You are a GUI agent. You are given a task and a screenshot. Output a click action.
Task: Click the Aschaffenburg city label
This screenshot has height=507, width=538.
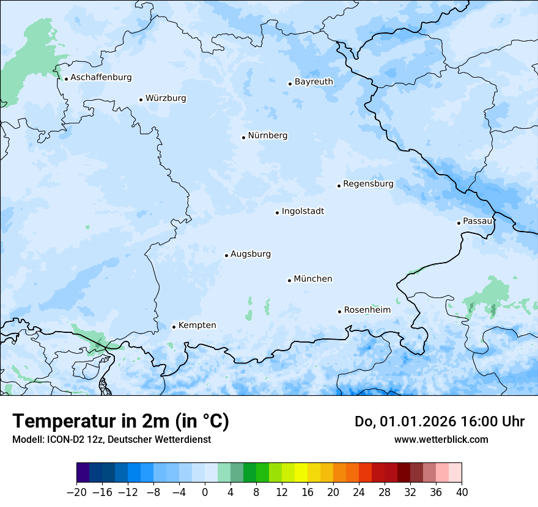pyautogui.click(x=101, y=78)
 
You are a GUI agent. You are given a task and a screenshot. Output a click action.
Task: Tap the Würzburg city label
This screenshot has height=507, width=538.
pyautogui.click(x=166, y=98)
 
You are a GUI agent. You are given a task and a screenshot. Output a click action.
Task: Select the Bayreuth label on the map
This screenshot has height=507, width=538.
pyautogui.click(x=314, y=82)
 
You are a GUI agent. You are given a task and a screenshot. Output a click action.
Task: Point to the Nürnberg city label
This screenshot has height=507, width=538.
pyautogui.click(x=267, y=136)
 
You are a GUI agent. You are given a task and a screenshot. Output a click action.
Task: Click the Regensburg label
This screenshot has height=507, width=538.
pyautogui.click(x=368, y=184)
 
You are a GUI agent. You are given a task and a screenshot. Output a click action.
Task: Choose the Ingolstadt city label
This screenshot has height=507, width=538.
pyautogui.click(x=303, y=211)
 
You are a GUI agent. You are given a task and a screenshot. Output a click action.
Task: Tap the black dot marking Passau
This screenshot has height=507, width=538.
pyautogui.click(x=459, y=223)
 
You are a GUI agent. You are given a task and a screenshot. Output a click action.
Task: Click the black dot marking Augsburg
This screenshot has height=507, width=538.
pyautogui.click(x=226, y=255)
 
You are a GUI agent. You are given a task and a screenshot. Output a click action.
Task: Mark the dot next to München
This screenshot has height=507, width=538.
pyautogui.click(x=289, y=280)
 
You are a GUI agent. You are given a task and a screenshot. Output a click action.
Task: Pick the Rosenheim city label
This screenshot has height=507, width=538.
pyautogui.click(x=367, y=310)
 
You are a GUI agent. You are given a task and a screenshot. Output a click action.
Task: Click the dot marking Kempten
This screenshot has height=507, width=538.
pyautogui.click(x=174, y=327)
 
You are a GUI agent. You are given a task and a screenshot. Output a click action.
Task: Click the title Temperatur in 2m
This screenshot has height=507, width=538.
pyautogui.click(x=120, y=421)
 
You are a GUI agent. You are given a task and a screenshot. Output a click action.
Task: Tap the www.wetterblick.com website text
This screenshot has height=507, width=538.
pyautogui.click(x=441, y=439)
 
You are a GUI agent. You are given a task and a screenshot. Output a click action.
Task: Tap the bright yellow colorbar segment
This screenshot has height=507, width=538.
pyautogui.click(x=301, y=473)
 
